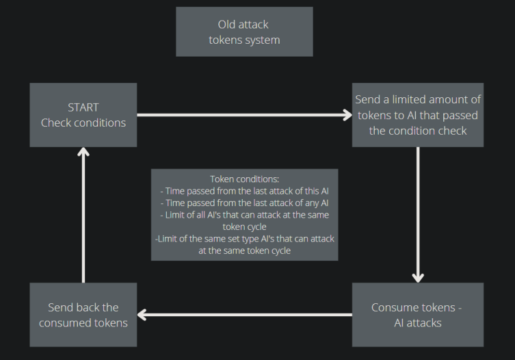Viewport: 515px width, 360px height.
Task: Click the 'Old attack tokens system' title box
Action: coord(244,31)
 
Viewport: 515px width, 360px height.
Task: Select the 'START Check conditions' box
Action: coord(83,115)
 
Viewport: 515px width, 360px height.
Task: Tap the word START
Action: coord(83,107)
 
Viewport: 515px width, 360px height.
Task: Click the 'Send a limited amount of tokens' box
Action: coord(418,115)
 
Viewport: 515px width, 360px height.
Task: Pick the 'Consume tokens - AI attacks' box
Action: coord(418,315)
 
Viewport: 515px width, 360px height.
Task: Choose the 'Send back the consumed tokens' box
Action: coord(83,315)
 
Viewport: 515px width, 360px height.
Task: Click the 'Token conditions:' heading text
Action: coord(244,179)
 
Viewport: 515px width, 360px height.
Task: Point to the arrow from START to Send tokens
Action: coord(244,115)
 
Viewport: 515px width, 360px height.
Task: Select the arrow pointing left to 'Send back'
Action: coord(244,315)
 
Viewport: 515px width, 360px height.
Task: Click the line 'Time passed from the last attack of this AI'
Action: coord(244,191)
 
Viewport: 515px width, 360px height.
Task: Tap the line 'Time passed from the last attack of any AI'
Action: coord(244,203)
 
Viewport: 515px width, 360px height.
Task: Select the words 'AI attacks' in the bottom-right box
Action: coord(417,322)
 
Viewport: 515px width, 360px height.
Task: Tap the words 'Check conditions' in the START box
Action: coord(83,123)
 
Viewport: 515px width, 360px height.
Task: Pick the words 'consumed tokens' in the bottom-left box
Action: coord(83,322)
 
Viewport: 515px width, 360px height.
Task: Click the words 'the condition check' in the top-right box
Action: coord(418,130)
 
